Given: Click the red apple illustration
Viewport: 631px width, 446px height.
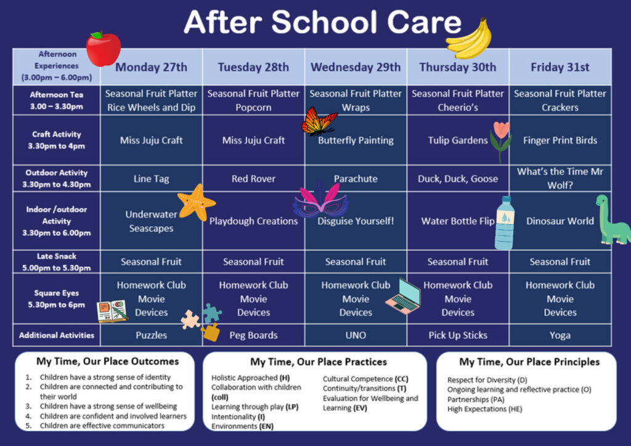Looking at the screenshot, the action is (104, 49).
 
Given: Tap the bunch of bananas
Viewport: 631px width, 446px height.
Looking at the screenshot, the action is (470, 39).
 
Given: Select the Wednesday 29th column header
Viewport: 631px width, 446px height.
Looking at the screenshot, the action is (356, 67).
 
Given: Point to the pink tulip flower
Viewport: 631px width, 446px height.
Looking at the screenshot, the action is (501, 140).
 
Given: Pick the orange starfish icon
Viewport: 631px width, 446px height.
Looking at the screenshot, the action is (197, 202).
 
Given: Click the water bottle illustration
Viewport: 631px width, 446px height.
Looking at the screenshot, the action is (505, 223).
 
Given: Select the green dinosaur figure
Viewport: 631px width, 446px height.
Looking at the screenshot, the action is (612, 221).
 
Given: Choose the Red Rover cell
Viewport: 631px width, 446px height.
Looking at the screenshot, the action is (253, 179).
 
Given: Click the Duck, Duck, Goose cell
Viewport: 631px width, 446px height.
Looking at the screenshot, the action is (458, 179).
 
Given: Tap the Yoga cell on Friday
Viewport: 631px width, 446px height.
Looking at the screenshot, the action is (560, 335).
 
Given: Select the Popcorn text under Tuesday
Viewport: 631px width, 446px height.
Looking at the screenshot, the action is (253, 108).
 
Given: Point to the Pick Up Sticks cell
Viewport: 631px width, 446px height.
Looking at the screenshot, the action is (458, 335).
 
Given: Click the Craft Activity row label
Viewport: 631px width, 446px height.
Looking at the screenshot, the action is (56, 140).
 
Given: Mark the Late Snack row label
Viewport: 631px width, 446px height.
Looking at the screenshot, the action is (56, 262).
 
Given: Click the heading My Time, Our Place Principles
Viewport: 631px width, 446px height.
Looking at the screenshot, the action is (529, 362).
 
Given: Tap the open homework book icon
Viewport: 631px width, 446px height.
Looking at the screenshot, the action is (112, 311).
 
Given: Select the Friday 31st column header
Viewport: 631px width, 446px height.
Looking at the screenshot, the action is (560, 67).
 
